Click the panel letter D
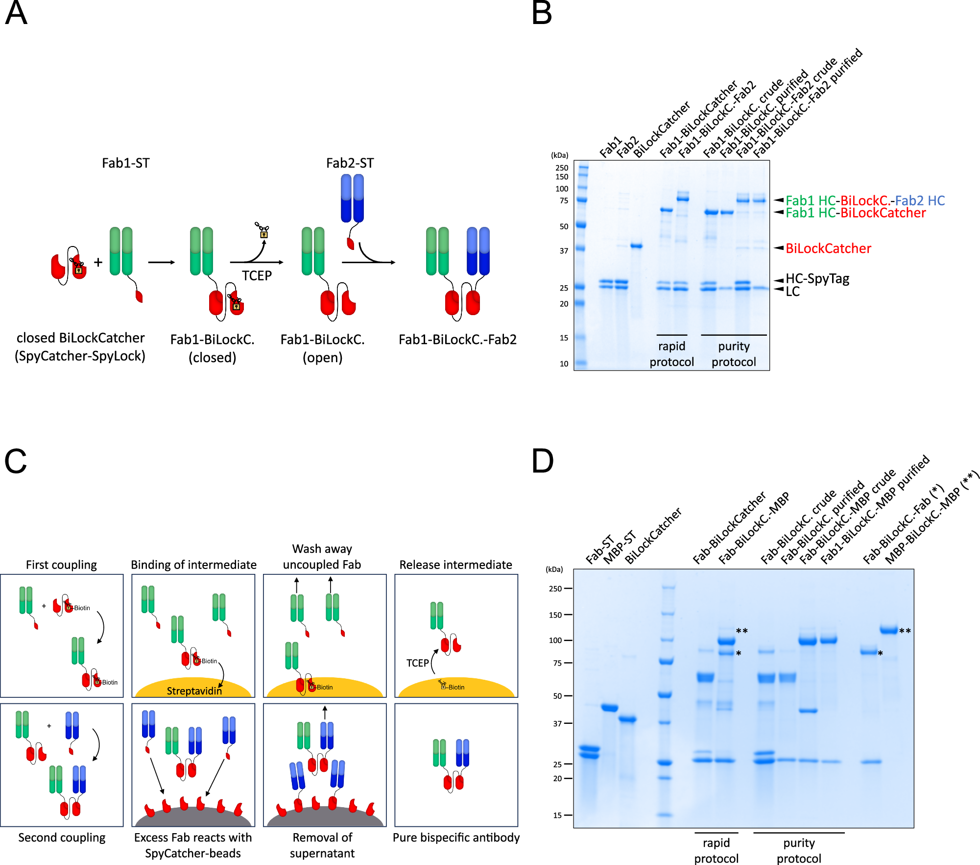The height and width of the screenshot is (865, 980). [542, 461]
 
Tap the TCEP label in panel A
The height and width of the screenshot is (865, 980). [257, 275]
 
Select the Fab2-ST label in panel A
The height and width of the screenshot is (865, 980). [350, 163]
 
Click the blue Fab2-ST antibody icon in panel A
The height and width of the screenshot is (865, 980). [352, 198]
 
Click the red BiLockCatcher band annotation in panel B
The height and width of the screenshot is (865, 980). [828, 248]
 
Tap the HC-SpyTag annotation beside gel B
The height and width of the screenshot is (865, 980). [817, 279]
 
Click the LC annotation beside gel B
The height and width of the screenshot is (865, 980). [792, 292]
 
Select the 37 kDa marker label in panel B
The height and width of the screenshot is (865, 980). [564, 251]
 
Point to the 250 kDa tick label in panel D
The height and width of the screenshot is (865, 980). [555, 589]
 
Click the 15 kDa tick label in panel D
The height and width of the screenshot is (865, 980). [557, 816]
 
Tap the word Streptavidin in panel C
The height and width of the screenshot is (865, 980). [194, 691]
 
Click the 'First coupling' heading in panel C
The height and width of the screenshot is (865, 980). [61, 565]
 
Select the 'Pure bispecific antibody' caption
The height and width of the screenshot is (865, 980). [456, 838]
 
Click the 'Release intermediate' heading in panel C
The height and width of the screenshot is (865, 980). [455, 565]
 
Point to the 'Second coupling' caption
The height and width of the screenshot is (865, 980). [62, 838]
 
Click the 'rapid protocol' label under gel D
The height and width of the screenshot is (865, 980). [716, 850]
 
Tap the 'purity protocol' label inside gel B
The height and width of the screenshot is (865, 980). [734, 354]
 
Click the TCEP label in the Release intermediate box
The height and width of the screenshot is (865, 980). [417, 663]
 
